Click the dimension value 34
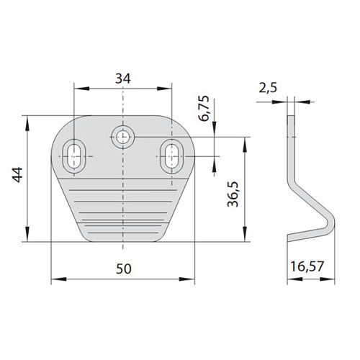click(123, 78)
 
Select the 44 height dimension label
click(17, 175)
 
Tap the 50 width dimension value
click(124, 269)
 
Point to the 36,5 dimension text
click(233, 194)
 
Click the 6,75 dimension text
click(204, 109)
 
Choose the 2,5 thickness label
click(268, 88)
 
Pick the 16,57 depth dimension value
click(307, 266)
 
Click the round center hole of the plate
click(122, 137)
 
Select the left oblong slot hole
click(74, 156)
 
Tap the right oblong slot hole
click(171, 156)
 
